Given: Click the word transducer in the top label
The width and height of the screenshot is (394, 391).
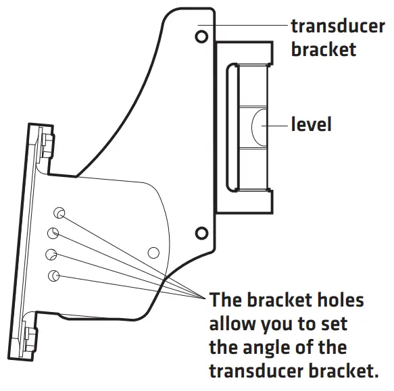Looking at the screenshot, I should coord(337,26).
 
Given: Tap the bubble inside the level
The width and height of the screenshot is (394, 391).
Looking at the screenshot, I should coord(257,125).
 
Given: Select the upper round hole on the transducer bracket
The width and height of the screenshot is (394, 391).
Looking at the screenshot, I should coord(201,35).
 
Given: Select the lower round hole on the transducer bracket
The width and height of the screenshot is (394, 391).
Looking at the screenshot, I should coord(201,234).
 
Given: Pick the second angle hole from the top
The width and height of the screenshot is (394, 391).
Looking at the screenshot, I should coord(53,234).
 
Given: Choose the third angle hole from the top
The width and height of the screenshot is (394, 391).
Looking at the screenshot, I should coord(51,255).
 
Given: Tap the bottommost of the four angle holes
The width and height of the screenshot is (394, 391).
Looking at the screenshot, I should coord(54,275).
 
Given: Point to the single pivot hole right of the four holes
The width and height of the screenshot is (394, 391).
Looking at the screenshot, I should coord(153,253).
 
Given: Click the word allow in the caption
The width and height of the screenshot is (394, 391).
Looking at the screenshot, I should coord(238,324).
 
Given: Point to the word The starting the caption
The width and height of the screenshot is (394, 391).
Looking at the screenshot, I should coord(226,300).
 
